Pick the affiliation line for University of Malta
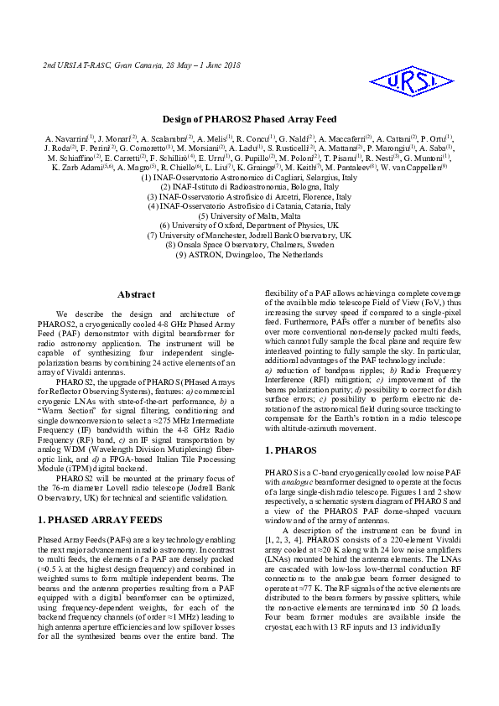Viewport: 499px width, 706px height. (249, 215)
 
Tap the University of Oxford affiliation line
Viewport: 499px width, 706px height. (249, 226)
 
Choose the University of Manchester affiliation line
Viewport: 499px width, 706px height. (249, 236)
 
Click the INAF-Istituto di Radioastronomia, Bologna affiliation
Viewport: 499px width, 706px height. (249, 186)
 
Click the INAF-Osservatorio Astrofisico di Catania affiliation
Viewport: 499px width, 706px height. (249, 205)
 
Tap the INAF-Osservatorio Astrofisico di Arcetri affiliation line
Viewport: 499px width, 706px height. (249, 196)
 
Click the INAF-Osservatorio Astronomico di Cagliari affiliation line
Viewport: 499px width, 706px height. (249, 177)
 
